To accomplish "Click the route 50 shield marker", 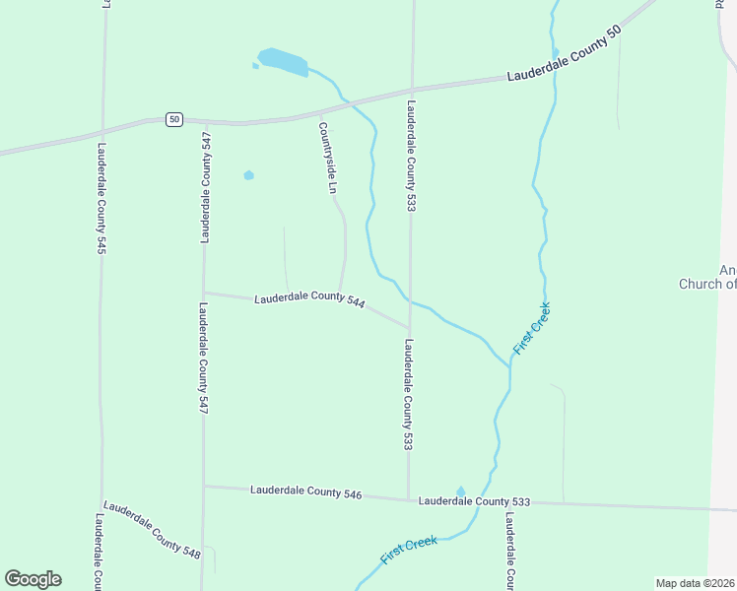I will click(173, 119).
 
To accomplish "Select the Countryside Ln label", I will click(333, 157).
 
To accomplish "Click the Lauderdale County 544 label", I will click(309, 299).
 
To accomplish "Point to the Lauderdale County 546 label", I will click(306, 491).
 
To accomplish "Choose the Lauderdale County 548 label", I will click(153, 529).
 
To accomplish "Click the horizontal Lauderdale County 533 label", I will click(474, 501).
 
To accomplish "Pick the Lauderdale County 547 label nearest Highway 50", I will click(206, 187).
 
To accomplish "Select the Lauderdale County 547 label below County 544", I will click(201, 357).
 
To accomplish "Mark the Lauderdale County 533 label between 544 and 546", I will click(407, 394).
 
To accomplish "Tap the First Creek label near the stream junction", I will click(532, 329).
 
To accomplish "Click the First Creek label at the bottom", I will click(408, 550).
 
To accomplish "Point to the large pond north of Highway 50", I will click(283, 61).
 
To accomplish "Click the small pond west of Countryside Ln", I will click(248, 175).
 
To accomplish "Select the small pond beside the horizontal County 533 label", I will click(460, 491).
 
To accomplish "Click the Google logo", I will click(33, 579).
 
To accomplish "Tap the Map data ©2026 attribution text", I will click(696, 583).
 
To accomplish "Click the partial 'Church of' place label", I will click(707, 284).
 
